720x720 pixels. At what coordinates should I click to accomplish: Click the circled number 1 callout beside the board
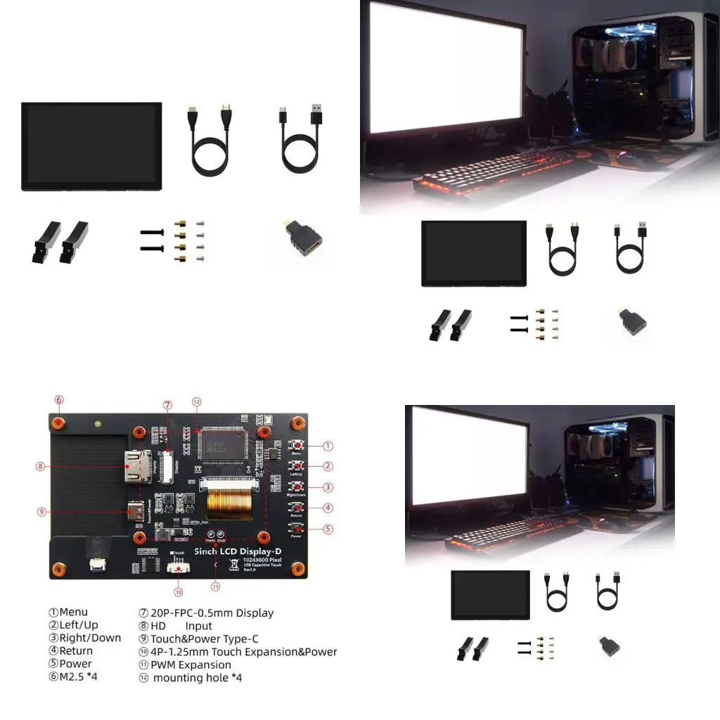(x=328, y=445)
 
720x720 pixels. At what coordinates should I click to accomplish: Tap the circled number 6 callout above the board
(x=59, y=400)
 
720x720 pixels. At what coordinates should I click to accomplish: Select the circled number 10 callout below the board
(x=179, y=591)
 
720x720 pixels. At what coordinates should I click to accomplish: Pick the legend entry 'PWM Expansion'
(x=190, y=664)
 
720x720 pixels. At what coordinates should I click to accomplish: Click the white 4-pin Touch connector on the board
(x=179, y=567)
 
